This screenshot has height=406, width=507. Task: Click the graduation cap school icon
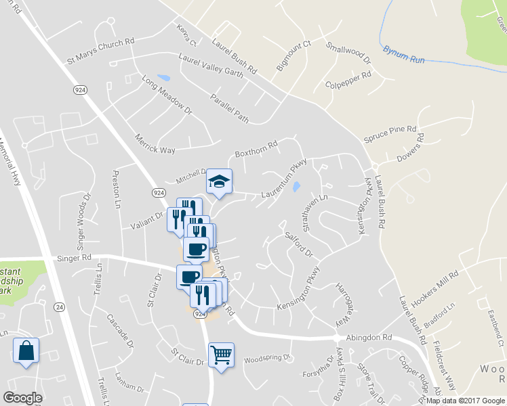coord(219,181)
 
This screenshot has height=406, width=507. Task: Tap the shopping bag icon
coord(26,351)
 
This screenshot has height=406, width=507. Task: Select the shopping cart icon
coord(221,355)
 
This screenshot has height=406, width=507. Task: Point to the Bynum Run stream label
coord(403,55)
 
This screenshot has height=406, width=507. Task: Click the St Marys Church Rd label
coord(100,51)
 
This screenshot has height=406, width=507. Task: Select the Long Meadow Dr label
coord(167,95)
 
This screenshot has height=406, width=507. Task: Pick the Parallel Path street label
coord(229,108)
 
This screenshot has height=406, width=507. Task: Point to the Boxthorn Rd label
coord(256,149)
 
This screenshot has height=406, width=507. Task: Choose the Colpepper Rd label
coord(348,86)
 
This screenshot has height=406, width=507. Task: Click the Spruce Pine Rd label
coord(390,133)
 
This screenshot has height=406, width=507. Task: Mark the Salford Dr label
coord(298,244)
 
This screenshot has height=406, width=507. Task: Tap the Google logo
coord(23,398)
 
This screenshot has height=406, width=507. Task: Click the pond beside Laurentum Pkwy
coord(296,187)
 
